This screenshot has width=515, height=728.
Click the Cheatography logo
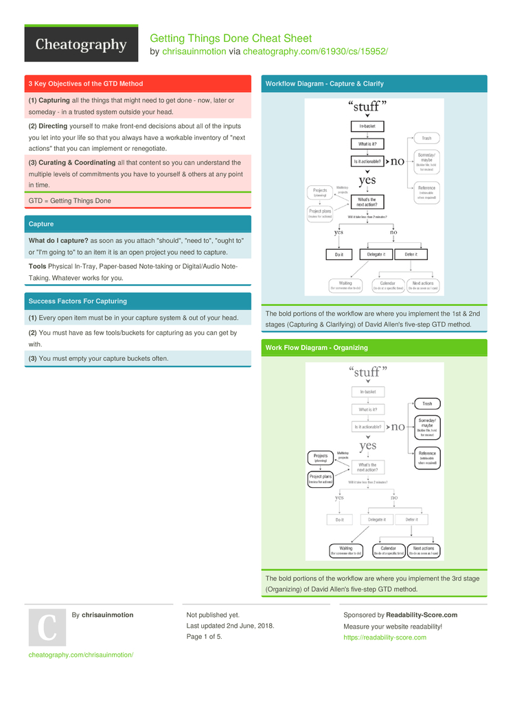click(81, 45)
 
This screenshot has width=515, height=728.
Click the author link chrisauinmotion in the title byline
click(194, 51)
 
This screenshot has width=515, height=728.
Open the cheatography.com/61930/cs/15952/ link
click(315, 51)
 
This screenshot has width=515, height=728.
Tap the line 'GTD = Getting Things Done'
click(69, 200)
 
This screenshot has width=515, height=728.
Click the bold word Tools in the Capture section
click(37, 266)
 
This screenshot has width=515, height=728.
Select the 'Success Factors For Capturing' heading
click(78, 301)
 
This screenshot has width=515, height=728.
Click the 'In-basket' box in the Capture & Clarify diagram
click(367, 127)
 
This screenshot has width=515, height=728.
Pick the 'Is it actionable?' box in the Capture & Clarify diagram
click(367, 161)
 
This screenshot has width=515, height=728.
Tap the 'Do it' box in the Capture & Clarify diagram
click(339, 254)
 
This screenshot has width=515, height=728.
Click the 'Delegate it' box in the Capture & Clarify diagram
click(376, 254)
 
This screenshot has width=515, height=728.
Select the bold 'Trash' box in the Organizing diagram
click(427, 404)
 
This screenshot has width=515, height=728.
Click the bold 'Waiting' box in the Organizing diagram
click(346, 550)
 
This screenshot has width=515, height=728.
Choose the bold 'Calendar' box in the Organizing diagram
click(388, 550)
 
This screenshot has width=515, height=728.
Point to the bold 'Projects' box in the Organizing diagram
click(320, 457)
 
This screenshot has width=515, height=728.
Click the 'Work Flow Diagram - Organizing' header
click(317, 348)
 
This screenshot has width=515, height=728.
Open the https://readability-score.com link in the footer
click(385, 637)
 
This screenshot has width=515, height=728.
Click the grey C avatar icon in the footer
click(47, 627)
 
